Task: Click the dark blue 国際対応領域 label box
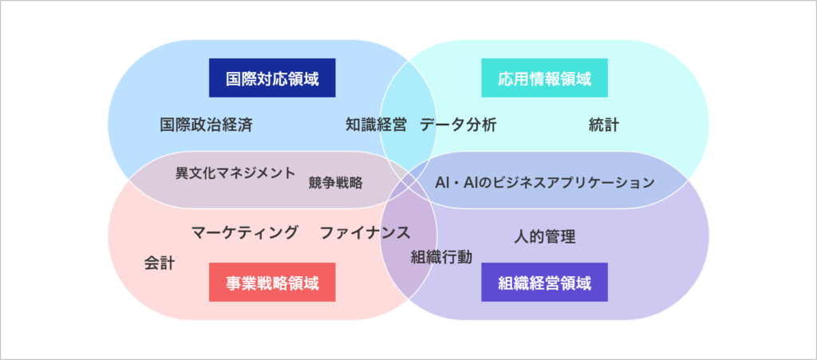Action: pos(272,77)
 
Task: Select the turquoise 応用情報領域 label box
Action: pos(544,77)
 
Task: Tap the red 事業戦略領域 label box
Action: pos(272,282)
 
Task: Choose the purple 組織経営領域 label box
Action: pos(544,282)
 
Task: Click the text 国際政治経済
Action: pos(207,125)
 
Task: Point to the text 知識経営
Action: pos(376,125)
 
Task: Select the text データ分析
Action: pos(458,125)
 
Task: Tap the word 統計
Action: pos(604,125)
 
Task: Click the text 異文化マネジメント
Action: pos(235,172)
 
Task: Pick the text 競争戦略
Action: pos(336,183)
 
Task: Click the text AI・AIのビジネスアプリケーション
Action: pos(544,182)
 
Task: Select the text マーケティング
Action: pos(245,231)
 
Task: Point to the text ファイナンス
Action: pos(365,232)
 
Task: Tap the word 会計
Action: pos(160,263)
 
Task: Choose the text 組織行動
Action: pos(442,257)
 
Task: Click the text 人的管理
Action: pos(544,236)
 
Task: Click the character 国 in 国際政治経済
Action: pos(168,125)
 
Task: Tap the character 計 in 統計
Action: pos(612,125)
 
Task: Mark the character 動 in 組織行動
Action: pos(465,257)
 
